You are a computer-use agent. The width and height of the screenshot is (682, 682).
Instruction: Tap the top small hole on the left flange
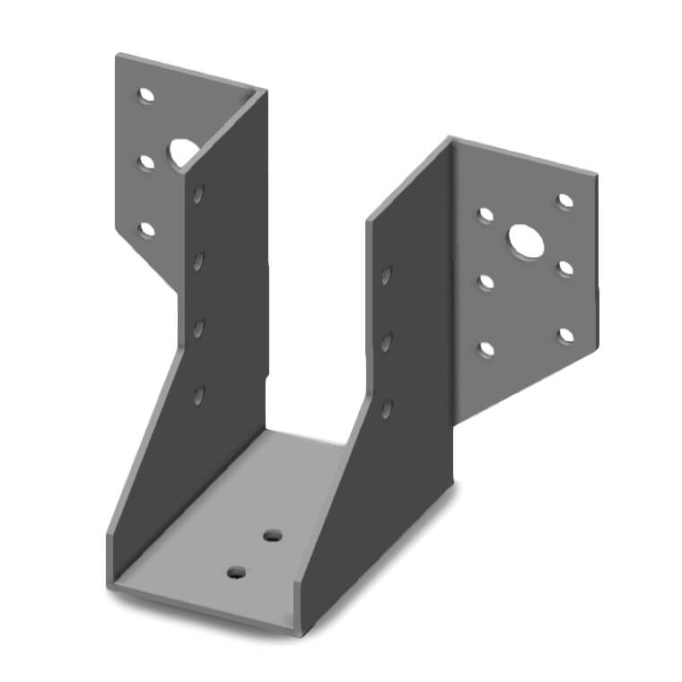click(145, 93)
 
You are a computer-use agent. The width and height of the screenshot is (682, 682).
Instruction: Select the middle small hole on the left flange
click(146, 162)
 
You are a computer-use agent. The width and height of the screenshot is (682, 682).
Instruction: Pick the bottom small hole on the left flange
click(146, 230)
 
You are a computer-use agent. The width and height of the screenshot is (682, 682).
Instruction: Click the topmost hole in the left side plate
click(198, 193)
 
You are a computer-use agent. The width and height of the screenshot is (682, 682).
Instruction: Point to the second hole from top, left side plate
click(198, 260)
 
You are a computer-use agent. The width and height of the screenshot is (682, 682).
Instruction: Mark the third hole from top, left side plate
click(198, 328)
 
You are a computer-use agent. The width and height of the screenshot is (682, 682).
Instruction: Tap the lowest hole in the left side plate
click(198, 394)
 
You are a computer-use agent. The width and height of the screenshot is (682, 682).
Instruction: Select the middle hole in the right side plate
click(387, 342)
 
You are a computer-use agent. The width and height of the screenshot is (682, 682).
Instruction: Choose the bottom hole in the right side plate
click(387, 409)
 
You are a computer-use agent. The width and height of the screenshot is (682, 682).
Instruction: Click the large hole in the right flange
click(523, 239)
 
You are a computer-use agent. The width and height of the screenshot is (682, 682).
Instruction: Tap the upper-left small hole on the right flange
click(485, 214)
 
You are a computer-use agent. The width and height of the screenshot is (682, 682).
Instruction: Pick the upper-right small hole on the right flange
click(565, 201)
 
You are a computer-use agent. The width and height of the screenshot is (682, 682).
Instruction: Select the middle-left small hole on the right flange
click(485, 282)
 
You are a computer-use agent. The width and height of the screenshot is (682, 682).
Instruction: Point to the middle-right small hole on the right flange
click(565, 268)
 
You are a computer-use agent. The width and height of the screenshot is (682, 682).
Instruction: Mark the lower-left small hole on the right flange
click(485, 349)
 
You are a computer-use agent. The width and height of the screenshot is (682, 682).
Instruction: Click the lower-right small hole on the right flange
click(565, 336)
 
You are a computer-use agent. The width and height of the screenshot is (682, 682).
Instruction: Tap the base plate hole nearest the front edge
click(237, 572)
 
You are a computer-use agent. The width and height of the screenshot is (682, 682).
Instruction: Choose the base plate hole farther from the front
click(272, 536)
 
